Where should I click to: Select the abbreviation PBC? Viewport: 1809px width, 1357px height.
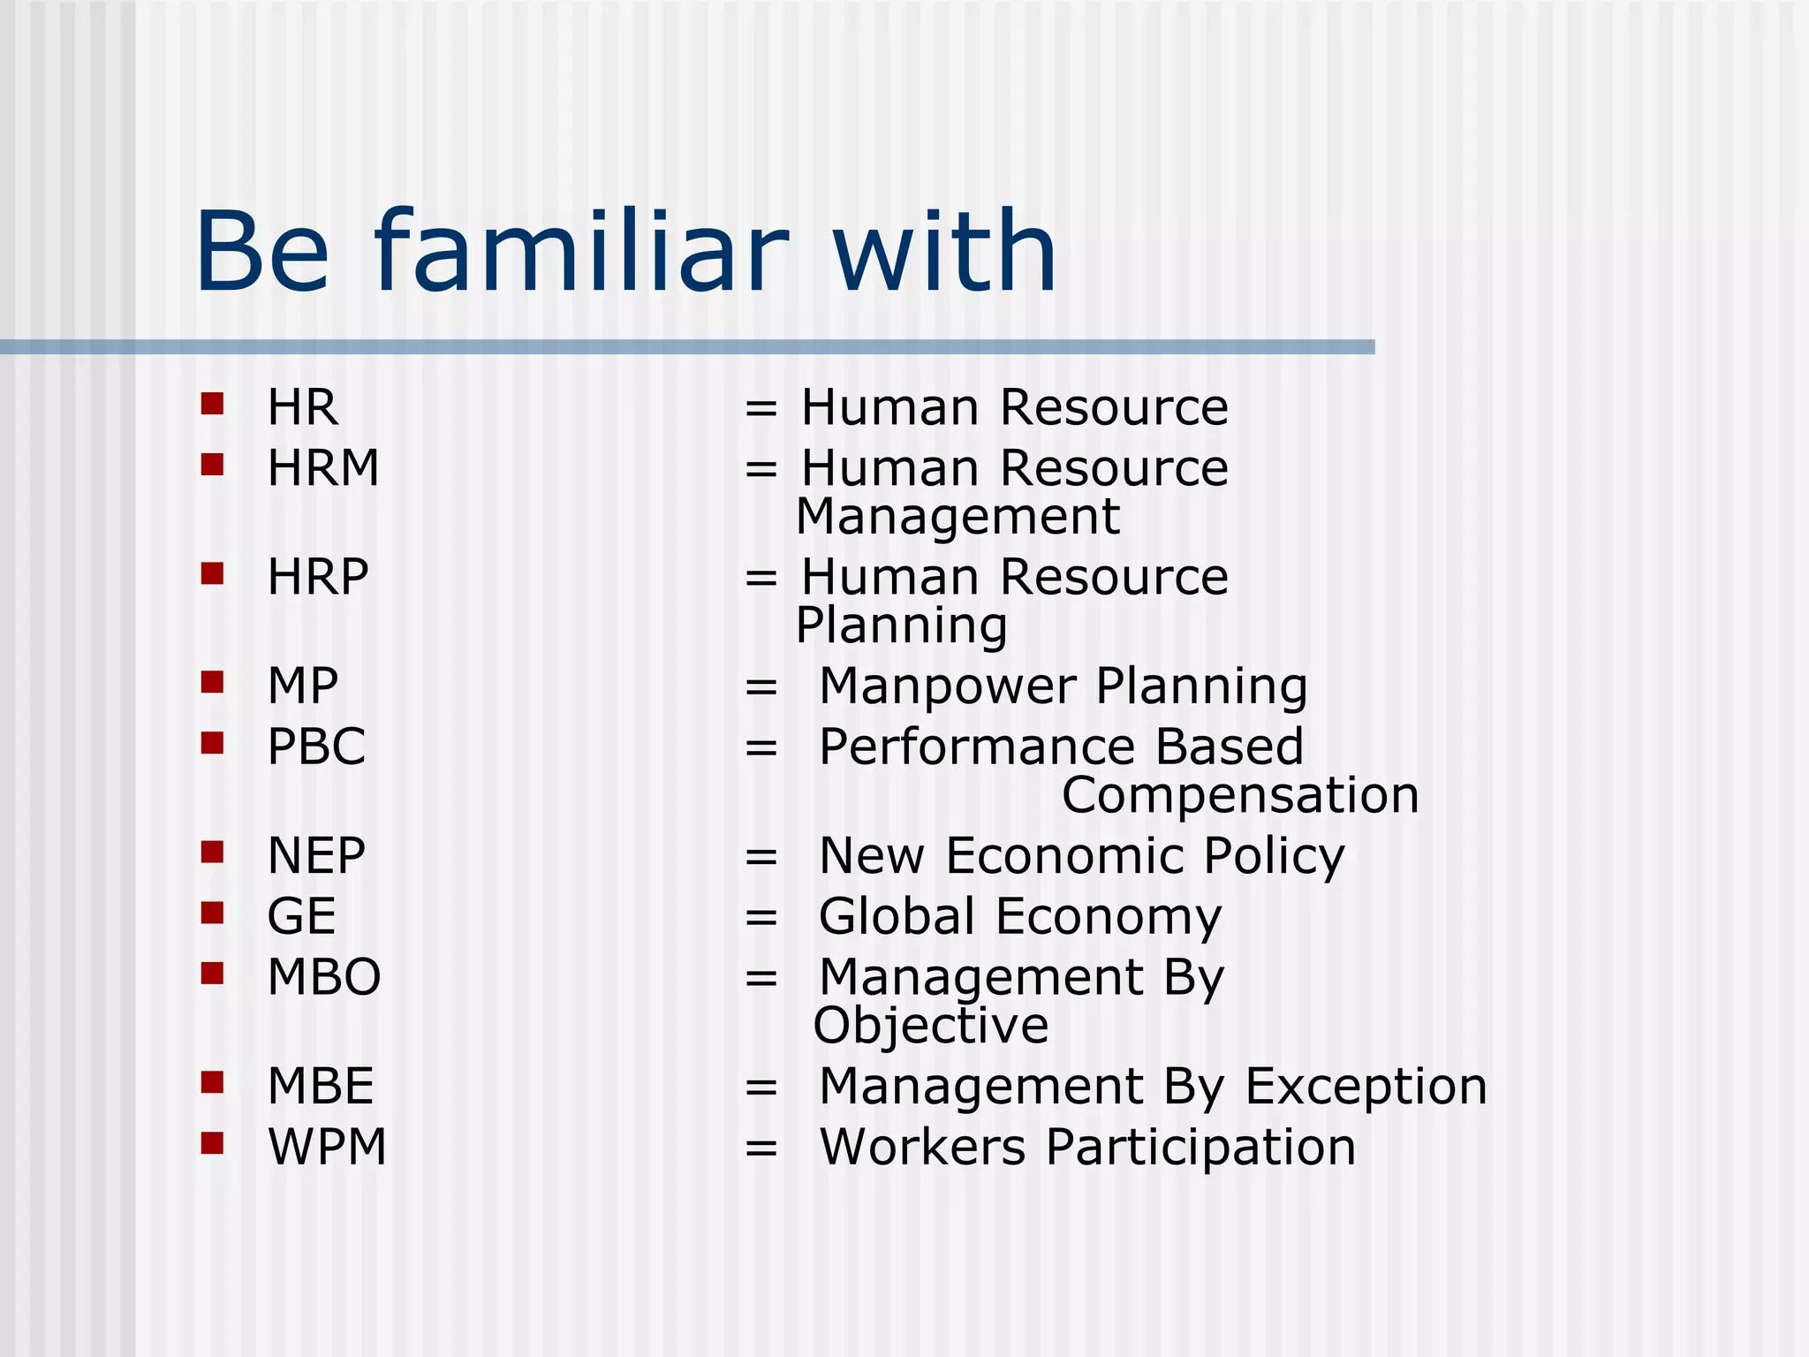(316, 747)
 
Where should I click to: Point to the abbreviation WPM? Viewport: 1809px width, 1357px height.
(327, 1147)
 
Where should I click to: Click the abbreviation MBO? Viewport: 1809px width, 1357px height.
(324, 977)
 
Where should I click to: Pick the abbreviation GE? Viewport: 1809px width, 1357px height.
(302, 916)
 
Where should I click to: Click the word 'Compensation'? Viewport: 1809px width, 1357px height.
(1240, 795)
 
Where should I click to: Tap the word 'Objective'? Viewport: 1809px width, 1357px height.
(931, 1026)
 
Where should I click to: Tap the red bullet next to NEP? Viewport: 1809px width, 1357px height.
(212, 852)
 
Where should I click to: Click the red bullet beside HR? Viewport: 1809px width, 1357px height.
(212, 404)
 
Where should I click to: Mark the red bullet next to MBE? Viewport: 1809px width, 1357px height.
(212, 1082)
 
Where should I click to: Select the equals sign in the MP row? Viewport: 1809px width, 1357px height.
(761, 687)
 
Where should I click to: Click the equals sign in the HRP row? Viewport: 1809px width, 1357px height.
(761, 579)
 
